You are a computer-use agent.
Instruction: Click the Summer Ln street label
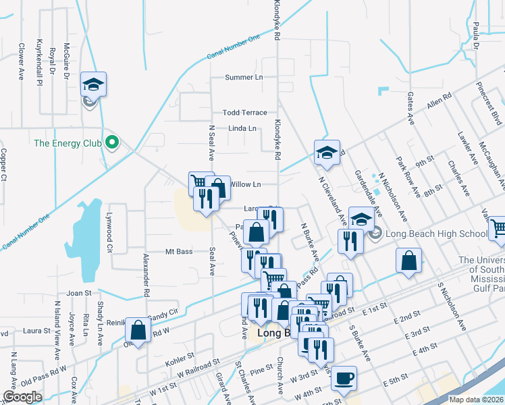(244, 77)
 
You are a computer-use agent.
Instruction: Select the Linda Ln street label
(242, 128)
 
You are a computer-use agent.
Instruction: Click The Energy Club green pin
(113, 143)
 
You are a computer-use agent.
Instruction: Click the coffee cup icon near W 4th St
(344, 377)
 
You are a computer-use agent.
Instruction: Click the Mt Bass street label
(179, 252)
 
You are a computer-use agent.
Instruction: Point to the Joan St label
(78, 293)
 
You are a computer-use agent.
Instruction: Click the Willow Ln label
(245, 184)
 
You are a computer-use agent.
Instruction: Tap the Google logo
(22, 397)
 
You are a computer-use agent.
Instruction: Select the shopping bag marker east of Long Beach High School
(408, 261)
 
